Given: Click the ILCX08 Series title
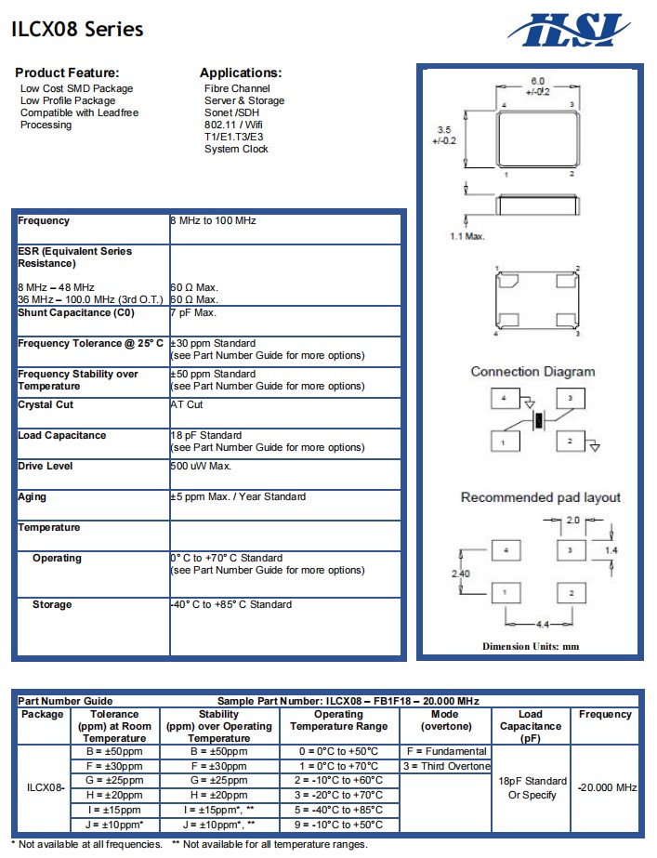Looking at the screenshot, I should (78, 30).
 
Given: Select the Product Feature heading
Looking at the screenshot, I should (68, 73).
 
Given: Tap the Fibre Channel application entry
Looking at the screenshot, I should (237, 88).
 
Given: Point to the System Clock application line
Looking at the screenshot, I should (236, 149).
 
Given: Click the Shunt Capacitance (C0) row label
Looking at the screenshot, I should (76, 312).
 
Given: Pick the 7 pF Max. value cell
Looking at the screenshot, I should (193, 312).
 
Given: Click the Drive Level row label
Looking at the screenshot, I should (46, 466).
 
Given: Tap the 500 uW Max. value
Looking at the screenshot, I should (201, 466).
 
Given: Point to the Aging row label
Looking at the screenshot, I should (33, 496).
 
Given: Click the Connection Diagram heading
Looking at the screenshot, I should (532, 372).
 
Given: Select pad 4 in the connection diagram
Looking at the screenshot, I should (505, 399).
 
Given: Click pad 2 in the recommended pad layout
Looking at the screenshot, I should (572, 593).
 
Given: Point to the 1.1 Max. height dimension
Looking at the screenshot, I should (467, 236).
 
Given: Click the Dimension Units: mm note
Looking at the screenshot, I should (531, 646).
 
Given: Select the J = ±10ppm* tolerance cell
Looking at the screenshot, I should (115, 825).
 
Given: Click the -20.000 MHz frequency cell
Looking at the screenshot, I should (607, 787).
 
